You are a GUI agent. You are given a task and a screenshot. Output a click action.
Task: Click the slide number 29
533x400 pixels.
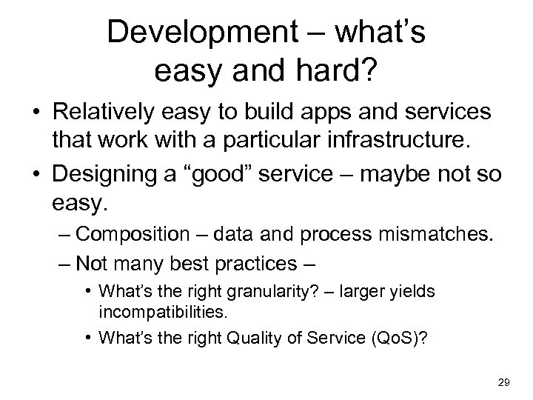(x=503, y=381)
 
